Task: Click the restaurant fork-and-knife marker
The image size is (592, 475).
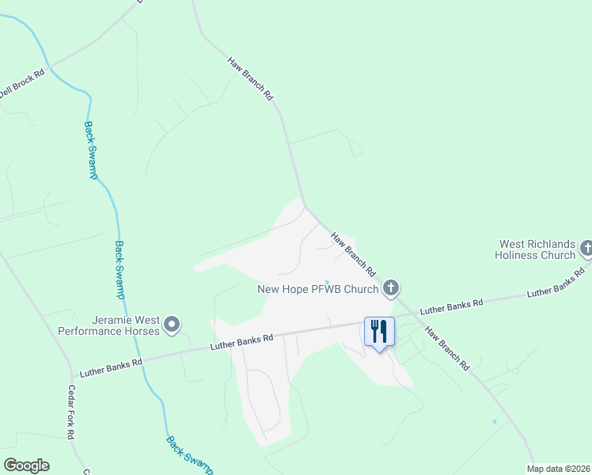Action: pyautogui.click(x=379, y=332)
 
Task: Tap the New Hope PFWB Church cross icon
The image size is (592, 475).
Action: pyautogui.click(x=389, y=288)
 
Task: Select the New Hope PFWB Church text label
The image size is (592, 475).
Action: pyautogui.click(x=318, y=289)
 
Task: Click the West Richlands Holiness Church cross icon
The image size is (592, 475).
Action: pyautogui.click(x=586, y=249)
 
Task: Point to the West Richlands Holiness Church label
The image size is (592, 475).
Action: pyautogui.click(x=536, y=250)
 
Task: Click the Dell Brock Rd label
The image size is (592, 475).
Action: pyautogui.click(x=21, y=82)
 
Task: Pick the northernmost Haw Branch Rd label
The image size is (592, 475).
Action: pyautogui.click(x=250, y=78)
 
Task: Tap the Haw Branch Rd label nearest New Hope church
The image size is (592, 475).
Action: pyautogui.click(x=354, y=254)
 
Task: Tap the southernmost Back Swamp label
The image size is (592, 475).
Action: pyautogui.click(x=189, y=455)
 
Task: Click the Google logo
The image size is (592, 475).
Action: pyautogui.click(x=26, y=465)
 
